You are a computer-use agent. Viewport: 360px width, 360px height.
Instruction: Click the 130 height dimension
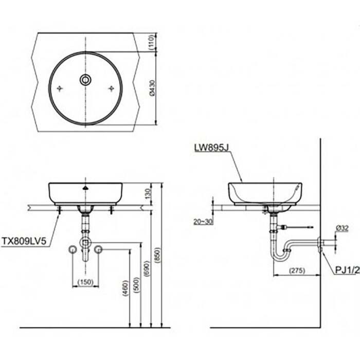tap(149, 193)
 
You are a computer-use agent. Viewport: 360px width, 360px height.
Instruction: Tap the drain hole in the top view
tap(85, 79)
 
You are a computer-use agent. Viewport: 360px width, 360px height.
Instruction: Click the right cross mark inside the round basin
tap(112, 88)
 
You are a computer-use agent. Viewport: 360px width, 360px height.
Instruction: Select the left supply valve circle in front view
tap(72, 250)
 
